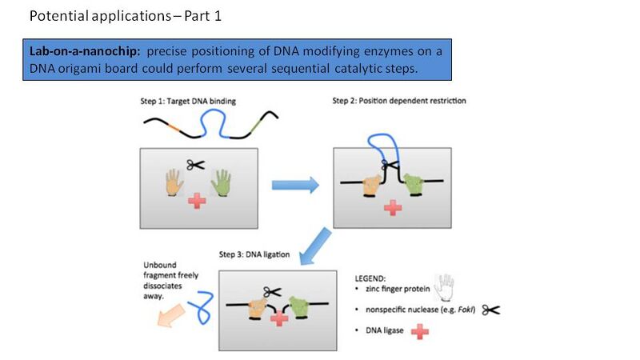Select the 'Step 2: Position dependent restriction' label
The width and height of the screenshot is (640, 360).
[x=398, y=102]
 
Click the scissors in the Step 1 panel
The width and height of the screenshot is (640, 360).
[x=195, y=165]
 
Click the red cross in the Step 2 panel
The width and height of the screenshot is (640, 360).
[x=392, y=207]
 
